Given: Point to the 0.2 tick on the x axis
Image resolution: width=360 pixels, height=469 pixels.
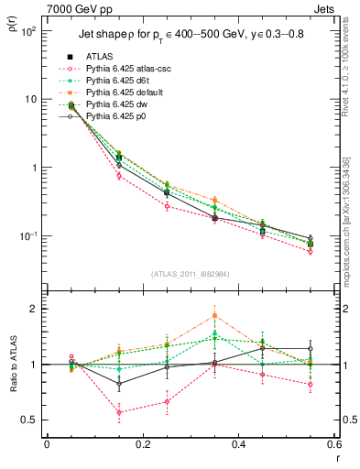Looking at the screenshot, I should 142,444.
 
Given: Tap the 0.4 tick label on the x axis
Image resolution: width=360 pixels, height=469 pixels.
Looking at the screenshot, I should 237,444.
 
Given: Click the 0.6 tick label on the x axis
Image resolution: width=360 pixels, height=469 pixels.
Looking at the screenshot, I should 333,444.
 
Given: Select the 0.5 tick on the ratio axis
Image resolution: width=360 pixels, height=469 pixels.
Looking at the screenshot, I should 34,420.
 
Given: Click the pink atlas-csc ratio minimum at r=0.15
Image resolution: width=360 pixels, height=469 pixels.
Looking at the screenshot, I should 119,412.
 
